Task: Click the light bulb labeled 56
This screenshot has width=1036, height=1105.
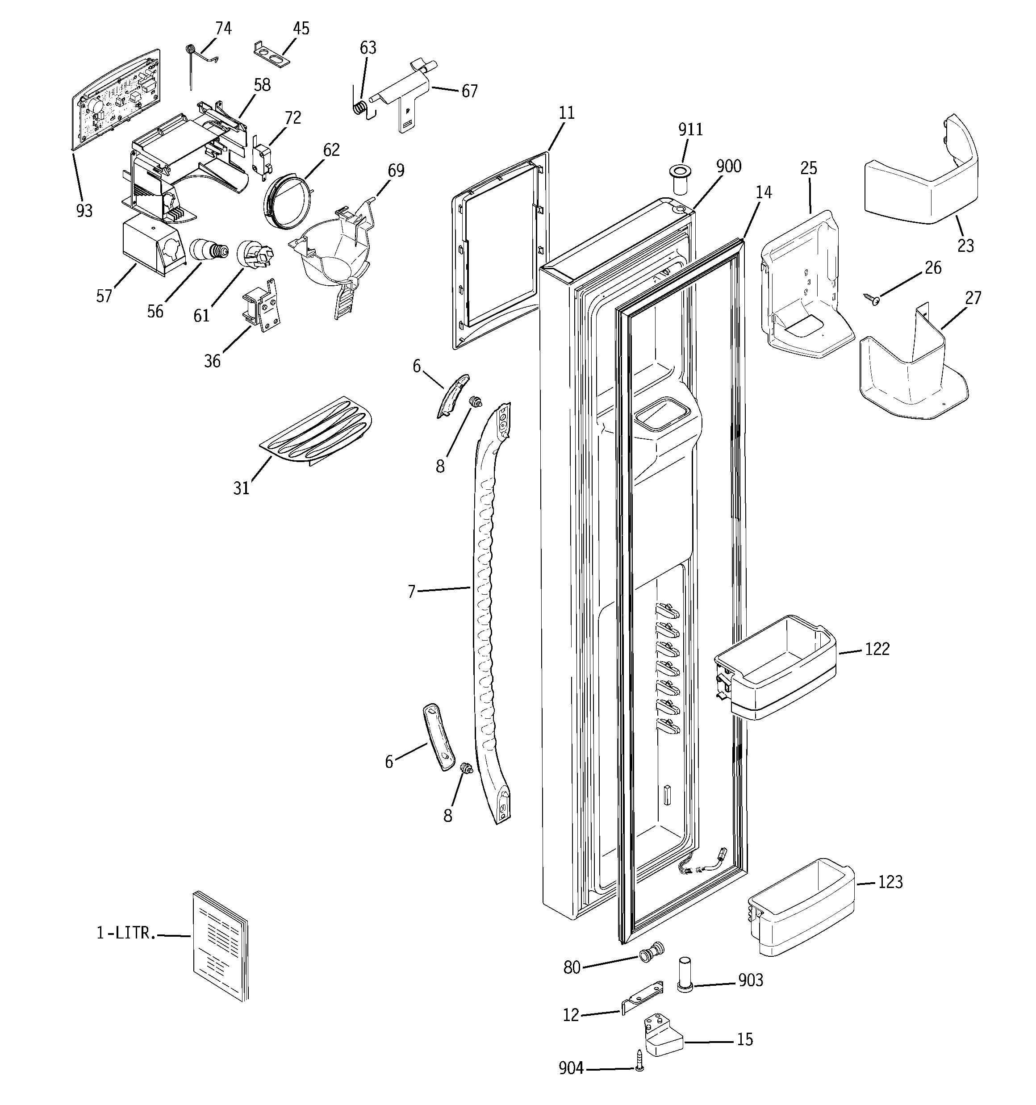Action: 209,250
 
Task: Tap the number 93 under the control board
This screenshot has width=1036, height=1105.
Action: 84,211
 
